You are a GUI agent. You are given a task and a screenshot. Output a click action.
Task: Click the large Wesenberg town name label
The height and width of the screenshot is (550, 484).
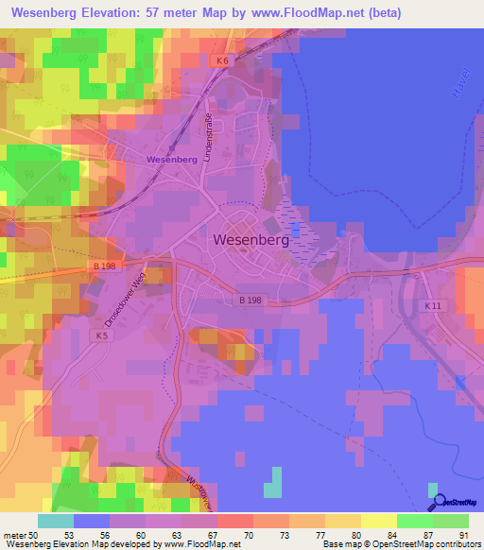pos(251,240)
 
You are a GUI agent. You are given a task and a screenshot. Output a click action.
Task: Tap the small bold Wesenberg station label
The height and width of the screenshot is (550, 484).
pos(171,160)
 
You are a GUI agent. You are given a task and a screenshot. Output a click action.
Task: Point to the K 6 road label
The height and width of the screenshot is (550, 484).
pos(221,61)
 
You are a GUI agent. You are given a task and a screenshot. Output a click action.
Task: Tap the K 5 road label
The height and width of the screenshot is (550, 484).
pos(102,335)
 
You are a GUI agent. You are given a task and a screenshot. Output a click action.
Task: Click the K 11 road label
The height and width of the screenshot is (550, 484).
pos(433,306)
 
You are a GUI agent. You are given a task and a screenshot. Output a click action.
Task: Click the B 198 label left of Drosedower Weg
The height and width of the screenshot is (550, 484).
pos(104,266)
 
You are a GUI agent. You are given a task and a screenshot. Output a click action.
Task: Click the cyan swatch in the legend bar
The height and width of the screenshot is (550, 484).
pos(55,521)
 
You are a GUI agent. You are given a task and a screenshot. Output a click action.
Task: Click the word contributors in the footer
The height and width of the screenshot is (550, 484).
pos(457,545)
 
